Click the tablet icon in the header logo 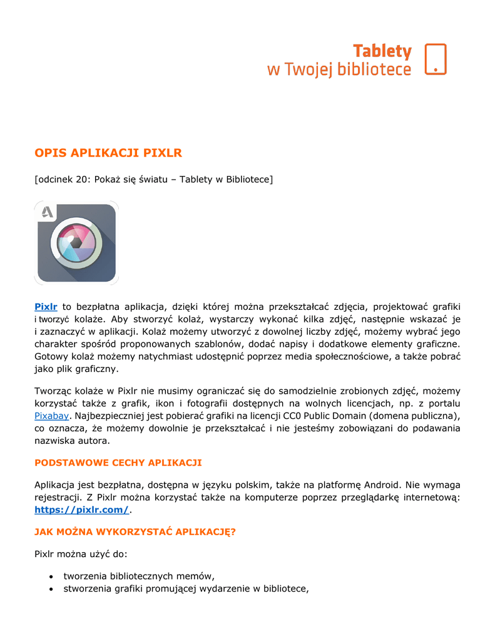pyautogui.click(x=436, y=59)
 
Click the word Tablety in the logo pyautogui.click(x=382, y=51)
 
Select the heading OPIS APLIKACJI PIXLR pyautogui.click(x=108, y=153)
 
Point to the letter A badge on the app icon pyautogui.click(x=48, y=213)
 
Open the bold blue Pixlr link pyautogui.click(x=46, y=306)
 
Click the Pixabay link pyautogui.click(x=51, y=415)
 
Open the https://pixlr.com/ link pyautogui.click(x=81, y=510)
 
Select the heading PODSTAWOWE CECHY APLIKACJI pyautogui.click(x=118, y=463)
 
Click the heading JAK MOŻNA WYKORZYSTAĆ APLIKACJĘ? pyautogui.click(x=135, y=531)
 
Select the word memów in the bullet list pyautogui.click(x=196, y=576)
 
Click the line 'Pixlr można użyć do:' pyautogui.click(x=81, y=553)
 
